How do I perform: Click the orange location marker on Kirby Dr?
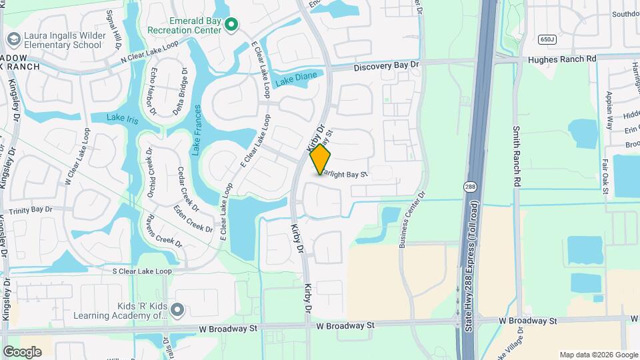pyautogui.click(x=320, y=159)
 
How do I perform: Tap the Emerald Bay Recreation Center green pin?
pyautogui.click(x=231, y=25)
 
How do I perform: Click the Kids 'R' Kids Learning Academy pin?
pyautogui.click(x=177, y=309)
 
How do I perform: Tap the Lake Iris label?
pyautogui.click(x=122, y=118)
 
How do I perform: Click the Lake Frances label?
pyautogui.click(x=197, y=131)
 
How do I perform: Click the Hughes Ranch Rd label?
pyautogui.click(x=561, y=59)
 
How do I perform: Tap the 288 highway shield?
pyautogui.click(x=471, y=187)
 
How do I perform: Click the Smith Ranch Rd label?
pyautogui.click(x=517, y=156)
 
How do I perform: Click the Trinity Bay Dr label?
pyautogui.click(x=30, y=209)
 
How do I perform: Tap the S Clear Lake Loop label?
pyautogui.click(x=141, y=271)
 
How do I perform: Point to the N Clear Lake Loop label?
pyautogui.click(x=150, y=53)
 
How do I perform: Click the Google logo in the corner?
pyautogui.click(x=22, y=351)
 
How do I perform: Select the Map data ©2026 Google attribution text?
pyautogui.click(x=597, y=355)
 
